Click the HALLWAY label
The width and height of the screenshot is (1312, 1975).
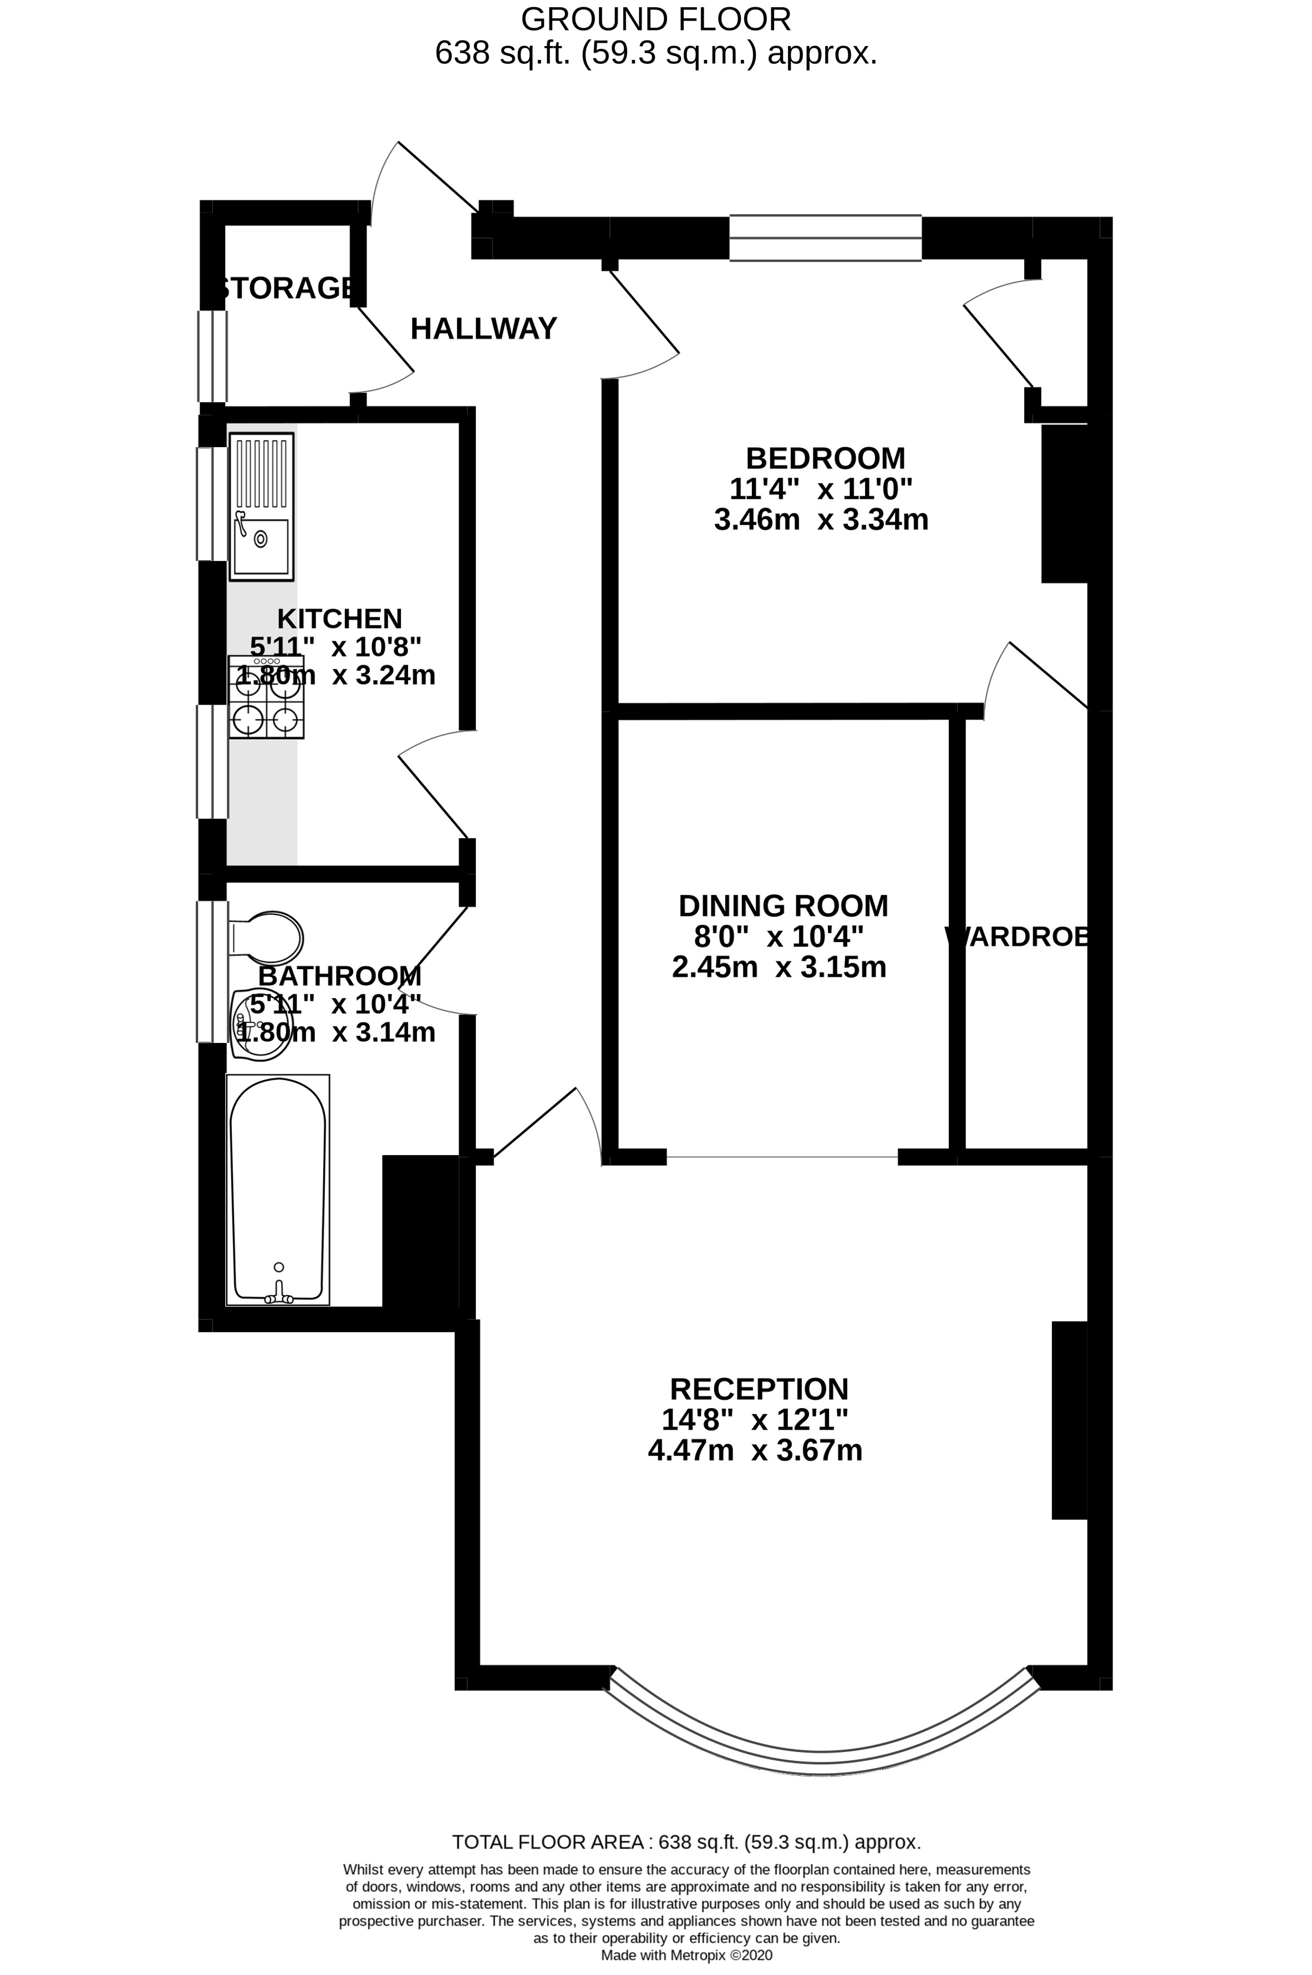click(x=483, y=329)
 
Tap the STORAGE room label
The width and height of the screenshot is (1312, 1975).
click(x=284, y=288)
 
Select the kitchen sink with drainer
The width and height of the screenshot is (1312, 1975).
click(x=261, y=507)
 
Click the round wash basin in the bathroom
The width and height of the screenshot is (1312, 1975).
click(x=260, y=1027)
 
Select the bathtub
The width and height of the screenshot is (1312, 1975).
click(x=278, y=1188)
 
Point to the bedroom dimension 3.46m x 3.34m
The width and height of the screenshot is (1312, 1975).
click(x=821, y=520)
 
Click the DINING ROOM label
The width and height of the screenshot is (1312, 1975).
click(x=782, y=905)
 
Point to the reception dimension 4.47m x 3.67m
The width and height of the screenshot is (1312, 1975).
click(x=755, y=1450)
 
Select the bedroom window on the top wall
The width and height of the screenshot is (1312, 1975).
click(x=825, y=237)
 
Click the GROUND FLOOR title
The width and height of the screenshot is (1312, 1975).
click(x=655, y=18)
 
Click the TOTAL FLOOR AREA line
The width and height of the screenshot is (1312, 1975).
click(x=686, y=1842)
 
